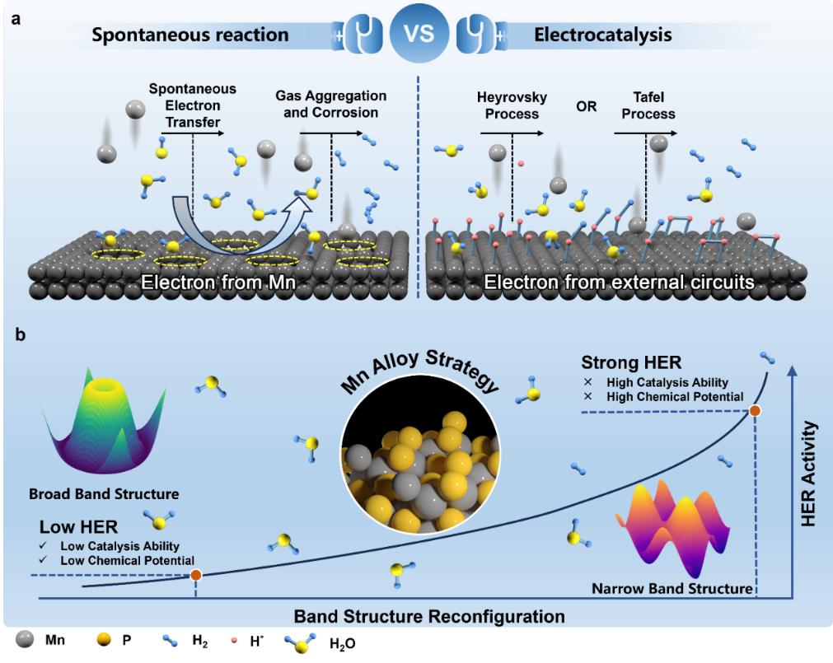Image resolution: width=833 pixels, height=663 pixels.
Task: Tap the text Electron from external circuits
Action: pyautogui.click(x=620, y=284)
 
